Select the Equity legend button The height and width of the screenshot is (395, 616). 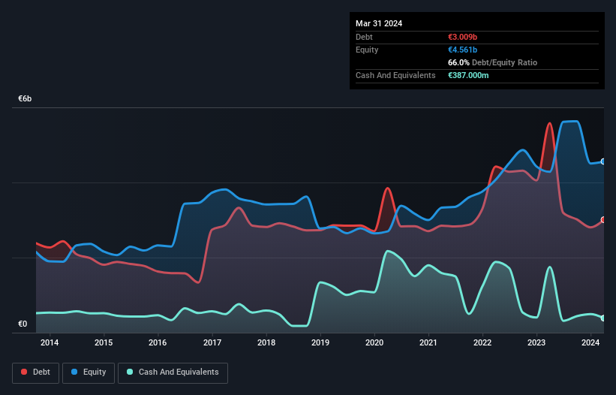[x=88, y=372]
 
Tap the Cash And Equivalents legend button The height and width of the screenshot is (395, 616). [x=173, y=372]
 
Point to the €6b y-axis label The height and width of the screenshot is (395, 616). [x=25, y=99]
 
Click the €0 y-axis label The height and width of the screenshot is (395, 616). [x=23, y=324]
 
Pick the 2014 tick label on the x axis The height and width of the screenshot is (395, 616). [x=50, y=342]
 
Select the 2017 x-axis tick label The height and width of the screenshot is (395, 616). [x=212, y=342]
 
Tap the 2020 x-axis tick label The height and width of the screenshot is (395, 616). [x=374, y=342]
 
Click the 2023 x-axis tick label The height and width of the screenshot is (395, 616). [x=536, y=342]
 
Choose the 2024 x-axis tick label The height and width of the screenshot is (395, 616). [x=590, y=342]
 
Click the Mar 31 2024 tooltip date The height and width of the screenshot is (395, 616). [x=379, y=23]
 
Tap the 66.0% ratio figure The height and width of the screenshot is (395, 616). [x=460, y=63]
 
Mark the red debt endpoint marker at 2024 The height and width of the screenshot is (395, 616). [x=603, y=220]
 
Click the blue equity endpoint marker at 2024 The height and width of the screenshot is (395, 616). [x=603, y=161]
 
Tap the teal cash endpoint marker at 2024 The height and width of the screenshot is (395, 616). [x=603, y=318]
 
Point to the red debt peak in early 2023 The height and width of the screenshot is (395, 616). [x=550, y=123]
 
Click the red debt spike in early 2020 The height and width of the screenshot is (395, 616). [x=387, y=188]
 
